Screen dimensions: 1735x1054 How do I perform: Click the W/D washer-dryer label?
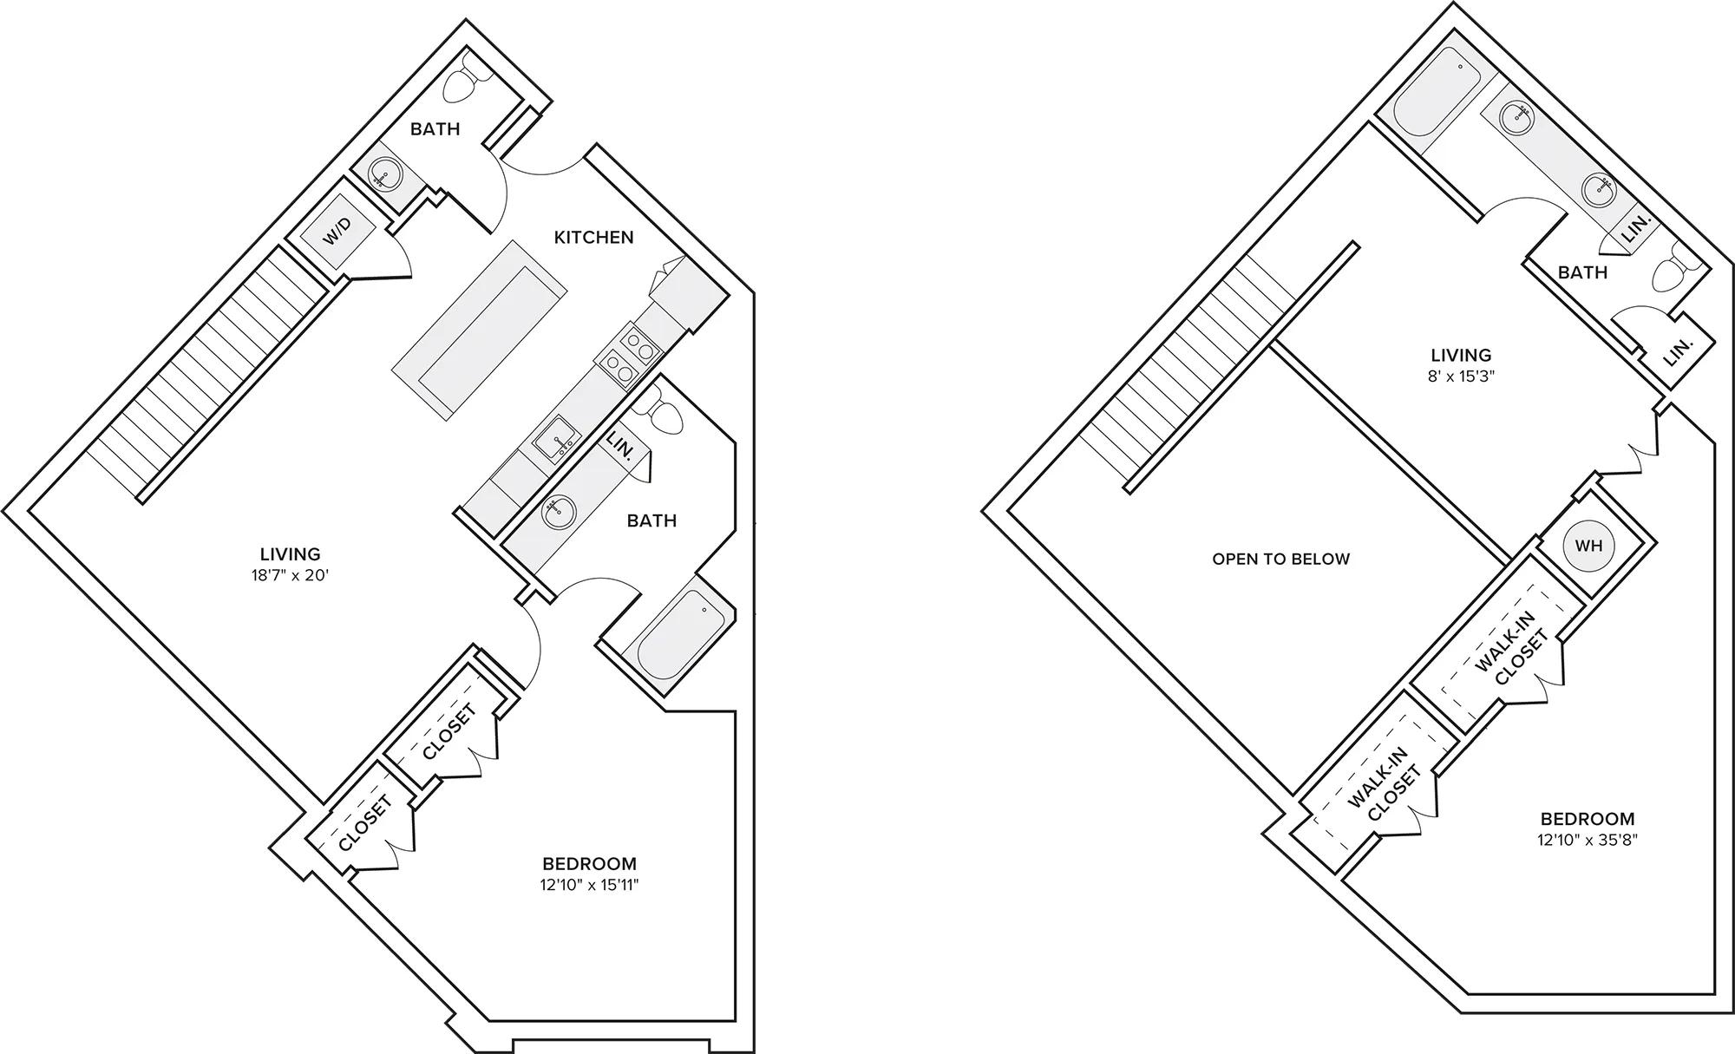[337, 230]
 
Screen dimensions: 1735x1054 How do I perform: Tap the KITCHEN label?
[594, 237]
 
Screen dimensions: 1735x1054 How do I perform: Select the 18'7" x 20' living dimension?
[291, 574]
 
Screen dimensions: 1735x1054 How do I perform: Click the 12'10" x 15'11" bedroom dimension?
[590, 885]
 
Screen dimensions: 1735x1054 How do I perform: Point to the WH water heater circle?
[1588, 546]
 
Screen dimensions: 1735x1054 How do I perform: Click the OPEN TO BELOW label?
[1281, 560]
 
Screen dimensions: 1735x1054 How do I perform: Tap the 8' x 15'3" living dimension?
[1462, 376]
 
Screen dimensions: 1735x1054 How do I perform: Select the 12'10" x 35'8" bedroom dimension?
[1588, 840]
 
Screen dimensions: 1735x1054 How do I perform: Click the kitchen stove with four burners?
[627, 355]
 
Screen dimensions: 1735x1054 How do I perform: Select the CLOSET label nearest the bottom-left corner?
[365, 822]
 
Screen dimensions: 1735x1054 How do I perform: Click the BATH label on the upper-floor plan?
[1582, 272]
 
